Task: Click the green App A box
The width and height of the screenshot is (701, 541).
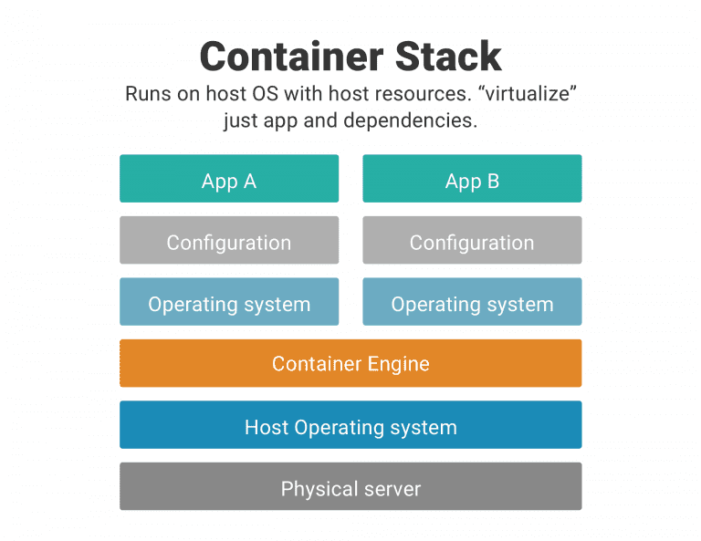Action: pyautogui.click(x=228, y=179)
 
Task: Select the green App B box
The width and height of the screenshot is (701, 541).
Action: pyautogui.click(x=472, y=179)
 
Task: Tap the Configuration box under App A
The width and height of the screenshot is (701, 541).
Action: pyautogui.click(x=228, y=241)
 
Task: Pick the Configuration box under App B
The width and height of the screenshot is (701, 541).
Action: pyautogui.click(x=472, y=241)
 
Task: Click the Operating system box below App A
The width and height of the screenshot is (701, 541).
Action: pyautogui.click(x=228, y=302)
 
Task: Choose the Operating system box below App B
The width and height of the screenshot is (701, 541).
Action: pyautogui.click(x=472, y=302)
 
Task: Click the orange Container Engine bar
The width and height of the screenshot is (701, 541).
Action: pyautogui.click(x=350, y=363)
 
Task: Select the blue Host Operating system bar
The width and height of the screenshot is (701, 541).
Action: pyautogui.click(x=350, y=425)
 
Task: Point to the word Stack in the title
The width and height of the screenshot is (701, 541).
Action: pyautogui.click(x=451, y=57)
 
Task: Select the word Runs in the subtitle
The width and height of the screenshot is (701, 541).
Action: pyautogui.click(x=147, y=95)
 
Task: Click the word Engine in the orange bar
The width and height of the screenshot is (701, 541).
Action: pyautogui.click(x=398, y=364)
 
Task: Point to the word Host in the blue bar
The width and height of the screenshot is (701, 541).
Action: pyautogui.click(x=266, y=426)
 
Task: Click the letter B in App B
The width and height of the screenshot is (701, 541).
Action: pyautogui.click(x=492, y=181)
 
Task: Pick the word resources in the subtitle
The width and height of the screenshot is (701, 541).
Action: pyautogui.click(x=403, y=95)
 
